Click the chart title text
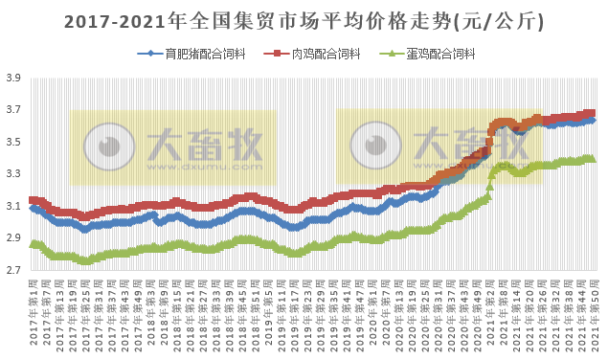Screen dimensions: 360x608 pyautogui.click(x=304, y=19)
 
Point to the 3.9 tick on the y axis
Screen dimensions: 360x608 pyautogui.click(x=13, y=79)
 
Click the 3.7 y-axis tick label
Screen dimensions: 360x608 pyautogui.click(x=13, y=110)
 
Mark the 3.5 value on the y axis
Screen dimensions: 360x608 pyautogui.click(x=13, y=143)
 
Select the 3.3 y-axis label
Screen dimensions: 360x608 pyautogui.click(x=13, y=174)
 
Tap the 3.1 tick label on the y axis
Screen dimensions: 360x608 pyautogui.click(x=13, y=207)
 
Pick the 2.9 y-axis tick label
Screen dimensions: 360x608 pyautogui.click(x=13, y=238)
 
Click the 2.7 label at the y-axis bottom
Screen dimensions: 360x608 pyautogui.click(x=13, y=271)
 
